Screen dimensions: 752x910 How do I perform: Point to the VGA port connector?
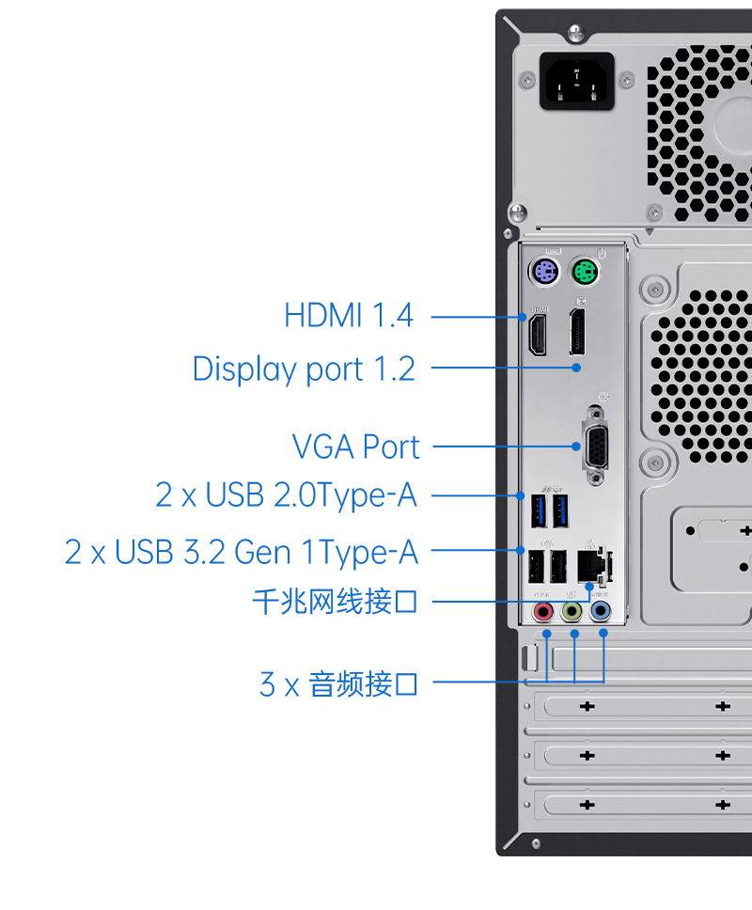pyautogui.click(x=595, y=446)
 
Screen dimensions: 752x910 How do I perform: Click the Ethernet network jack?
pyautogui.click(x=590, y=565)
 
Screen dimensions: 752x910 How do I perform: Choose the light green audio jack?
pyautogui.click(x=572, y=613)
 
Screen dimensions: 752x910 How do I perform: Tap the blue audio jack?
pyautogui.click(x=601, y=613)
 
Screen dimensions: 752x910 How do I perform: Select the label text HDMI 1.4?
pyautogui.click(x=349, y=315)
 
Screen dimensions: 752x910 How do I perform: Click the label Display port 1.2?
pyautogui.click(x=304, y=369)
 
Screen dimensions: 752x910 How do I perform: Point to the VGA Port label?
pyautogui.click(x=355, y=447)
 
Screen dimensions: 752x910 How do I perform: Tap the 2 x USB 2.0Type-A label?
pyautogui.click(x=286, y=494)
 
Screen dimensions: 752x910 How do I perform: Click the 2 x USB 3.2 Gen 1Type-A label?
pyautogui.click(x=241, y=552)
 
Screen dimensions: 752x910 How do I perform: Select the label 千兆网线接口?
pyautogui.click(x=335, y=601)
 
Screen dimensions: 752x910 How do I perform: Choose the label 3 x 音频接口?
pyautogui.click(x=338, y=683)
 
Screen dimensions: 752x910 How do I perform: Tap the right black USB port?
pyautogui.click(x=558, y=566)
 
